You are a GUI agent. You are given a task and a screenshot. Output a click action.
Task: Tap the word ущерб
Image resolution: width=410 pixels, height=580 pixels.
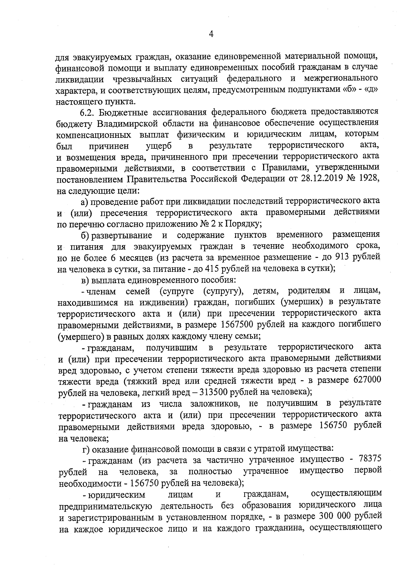[159, 146]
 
